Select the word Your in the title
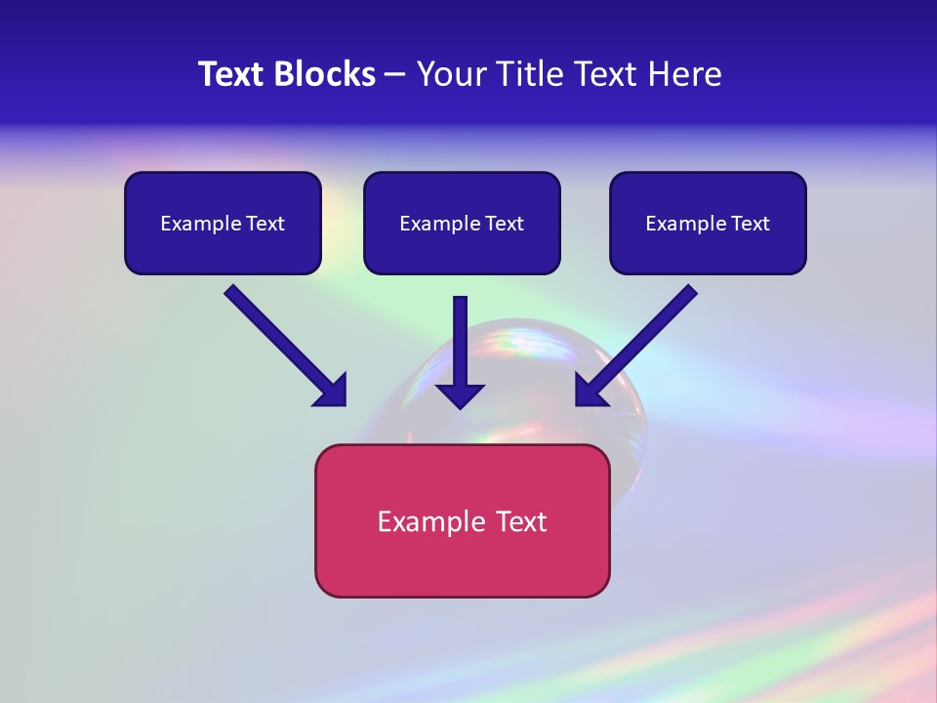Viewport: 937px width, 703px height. point(447,74)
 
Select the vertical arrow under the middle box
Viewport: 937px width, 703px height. point(460,342)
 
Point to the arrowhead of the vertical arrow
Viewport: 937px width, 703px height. point(460,395)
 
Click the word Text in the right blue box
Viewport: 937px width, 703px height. point(750,224)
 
